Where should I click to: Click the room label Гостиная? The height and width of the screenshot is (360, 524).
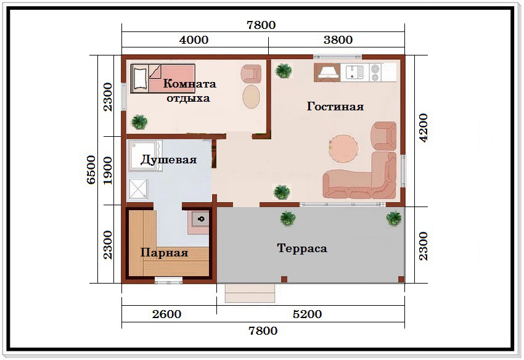coord(335,107)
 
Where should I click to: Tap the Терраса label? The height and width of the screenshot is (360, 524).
coord(302,248)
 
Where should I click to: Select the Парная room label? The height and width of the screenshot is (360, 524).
coord(164,252)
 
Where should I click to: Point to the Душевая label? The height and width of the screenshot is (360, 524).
coord(168,160)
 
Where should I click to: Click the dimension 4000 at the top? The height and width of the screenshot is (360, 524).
coord(194,40)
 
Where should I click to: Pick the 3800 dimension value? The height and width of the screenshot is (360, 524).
coord(338,40)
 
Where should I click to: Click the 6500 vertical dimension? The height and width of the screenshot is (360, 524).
coord(91,170)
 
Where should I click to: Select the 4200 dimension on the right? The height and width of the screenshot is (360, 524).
coord(424,128)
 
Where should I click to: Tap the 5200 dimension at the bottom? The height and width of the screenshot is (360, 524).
coord(307,314)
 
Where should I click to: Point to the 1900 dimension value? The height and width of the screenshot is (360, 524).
coord(108,171)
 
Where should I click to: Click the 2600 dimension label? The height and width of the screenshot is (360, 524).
coord(167,314)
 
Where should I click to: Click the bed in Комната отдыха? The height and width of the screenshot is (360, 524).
coord(163,78)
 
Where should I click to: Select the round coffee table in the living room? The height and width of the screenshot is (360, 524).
coord(343,149)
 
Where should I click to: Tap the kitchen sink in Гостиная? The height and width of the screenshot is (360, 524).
coord(354,73)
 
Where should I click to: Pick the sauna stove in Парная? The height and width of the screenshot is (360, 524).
coord(200,220)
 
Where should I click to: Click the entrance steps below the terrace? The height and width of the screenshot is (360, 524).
coord(250,293)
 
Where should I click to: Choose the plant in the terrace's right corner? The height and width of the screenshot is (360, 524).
coord(394,218)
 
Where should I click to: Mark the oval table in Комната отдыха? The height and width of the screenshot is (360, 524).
coord(251,97)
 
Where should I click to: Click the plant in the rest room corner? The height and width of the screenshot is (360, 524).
coord(139,122)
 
